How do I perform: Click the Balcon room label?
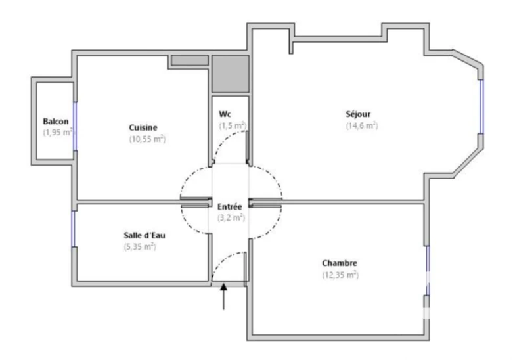tap(56, 122)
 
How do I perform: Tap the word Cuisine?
tap(143, 127)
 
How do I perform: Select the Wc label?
tap(225, 114)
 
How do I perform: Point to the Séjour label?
tap(358, 114)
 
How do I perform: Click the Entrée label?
tap(230, 207)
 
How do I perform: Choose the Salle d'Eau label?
tap(145, 235)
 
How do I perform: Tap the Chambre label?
tap(340, 263)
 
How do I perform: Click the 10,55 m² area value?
tap(148, 139)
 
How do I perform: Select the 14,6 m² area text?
tap(362, 125)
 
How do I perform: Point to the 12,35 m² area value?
tap(341, 275)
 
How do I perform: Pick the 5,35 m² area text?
tap(140, 247)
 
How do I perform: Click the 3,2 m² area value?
tap(231, 217)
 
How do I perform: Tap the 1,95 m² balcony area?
tap(58, 133)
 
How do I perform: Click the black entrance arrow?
tap(223, 296)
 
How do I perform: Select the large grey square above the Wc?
tap(231, 74)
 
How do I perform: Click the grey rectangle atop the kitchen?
tap(190, 60)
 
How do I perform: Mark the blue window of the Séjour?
tap(481, 106)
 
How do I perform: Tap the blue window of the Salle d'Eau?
tap(74, 229)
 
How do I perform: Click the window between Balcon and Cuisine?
tap(75, 126)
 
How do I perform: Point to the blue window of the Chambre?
tap(428, 270)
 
